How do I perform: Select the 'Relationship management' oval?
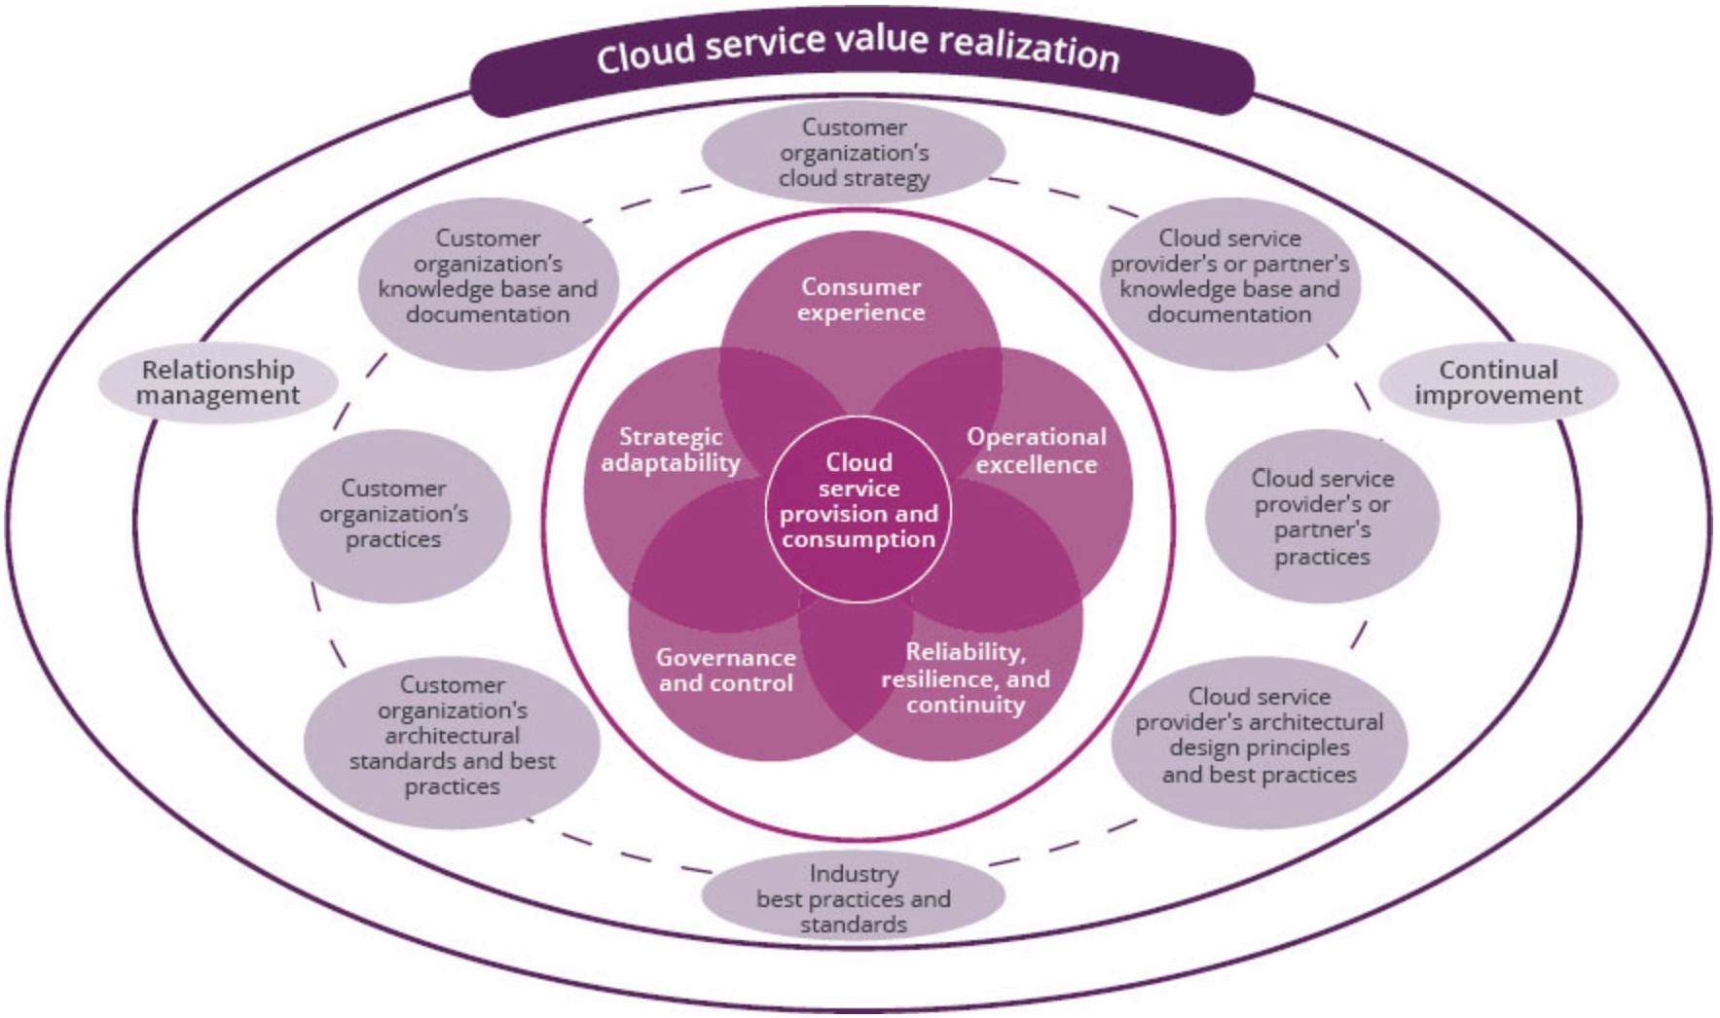[218, 382]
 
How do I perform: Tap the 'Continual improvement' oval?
[1498, 382]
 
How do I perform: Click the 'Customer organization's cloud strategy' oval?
[854, 153]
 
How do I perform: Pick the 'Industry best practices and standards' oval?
[854, 898]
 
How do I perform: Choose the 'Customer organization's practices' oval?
[393, 514]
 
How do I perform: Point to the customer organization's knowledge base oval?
[488, 277]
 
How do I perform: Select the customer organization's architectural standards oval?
[452, 737]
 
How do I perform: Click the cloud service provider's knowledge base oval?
[1229, 277]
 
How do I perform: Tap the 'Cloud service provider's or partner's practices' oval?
[1322, 517]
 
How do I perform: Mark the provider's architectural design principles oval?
[1259, 737]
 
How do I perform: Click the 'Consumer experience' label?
[860, 300]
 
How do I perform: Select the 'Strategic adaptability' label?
[671, 450]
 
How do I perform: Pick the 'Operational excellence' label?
[1037, 451]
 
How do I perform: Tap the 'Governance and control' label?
[726, 671]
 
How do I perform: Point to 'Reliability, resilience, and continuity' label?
[966, 678]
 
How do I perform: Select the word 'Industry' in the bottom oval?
[854, 873]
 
